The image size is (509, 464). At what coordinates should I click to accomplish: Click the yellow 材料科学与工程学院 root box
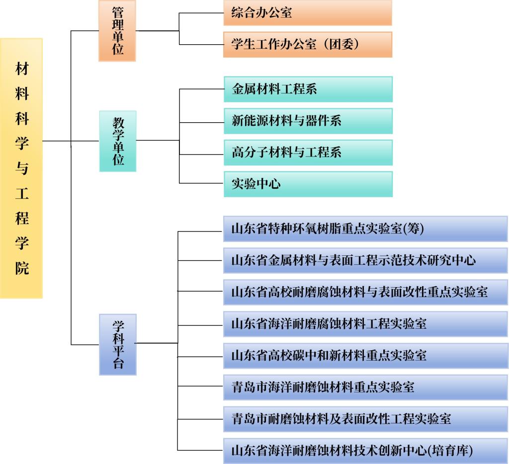pos(21,168)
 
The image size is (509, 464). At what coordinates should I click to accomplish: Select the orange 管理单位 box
pos(117,31)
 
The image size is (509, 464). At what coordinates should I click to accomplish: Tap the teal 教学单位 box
pos(117,141)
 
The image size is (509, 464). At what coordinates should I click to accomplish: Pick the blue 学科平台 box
pos(117,345)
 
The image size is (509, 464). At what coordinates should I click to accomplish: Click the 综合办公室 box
pos(308,12)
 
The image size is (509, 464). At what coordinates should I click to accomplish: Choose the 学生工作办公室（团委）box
pos(308,44)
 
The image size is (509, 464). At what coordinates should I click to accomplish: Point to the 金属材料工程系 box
pos(308,89)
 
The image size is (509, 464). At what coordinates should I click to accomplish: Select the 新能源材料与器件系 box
pos(308,121)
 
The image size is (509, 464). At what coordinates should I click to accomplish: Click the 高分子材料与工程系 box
pos(308,153)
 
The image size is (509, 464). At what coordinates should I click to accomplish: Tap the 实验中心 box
pos(308,184)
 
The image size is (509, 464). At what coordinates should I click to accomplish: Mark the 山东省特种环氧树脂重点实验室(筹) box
pos(365,229)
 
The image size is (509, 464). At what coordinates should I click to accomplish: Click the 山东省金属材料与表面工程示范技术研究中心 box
pos(365,260)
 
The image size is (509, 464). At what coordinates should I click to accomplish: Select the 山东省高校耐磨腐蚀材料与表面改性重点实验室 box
pos(365,292)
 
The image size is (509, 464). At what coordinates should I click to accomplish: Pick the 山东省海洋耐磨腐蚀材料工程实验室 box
pos(365,324)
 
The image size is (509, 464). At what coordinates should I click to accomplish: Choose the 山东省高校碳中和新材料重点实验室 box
pos(365,356)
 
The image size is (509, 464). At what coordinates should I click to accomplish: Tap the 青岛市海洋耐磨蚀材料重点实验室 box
pos(365,387)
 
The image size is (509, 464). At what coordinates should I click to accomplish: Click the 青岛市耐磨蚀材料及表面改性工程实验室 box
pos(365,419)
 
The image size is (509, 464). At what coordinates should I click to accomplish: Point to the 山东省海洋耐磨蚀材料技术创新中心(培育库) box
pos(365,451)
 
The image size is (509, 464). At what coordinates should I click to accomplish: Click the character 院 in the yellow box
pos(22,268)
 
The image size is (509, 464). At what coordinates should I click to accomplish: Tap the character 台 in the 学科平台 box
pos(118,363)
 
